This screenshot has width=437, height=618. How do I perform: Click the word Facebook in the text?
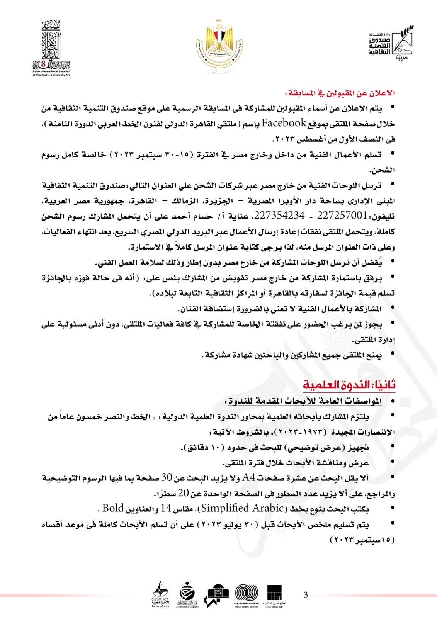[x=284, y=123]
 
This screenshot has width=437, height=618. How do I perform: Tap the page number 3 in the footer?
[x=306, y=595]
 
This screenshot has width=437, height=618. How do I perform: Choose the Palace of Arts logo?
[x=160, y=594]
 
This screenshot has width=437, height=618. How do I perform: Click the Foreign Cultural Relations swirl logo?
[x=247, y=594]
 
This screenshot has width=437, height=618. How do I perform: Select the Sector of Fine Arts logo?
[x=274, y=594]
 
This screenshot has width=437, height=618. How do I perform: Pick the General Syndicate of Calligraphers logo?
[x=187, y=594]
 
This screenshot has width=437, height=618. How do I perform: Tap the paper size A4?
[x=249, y=478]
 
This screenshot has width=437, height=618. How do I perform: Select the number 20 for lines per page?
[x=184, y=493]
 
